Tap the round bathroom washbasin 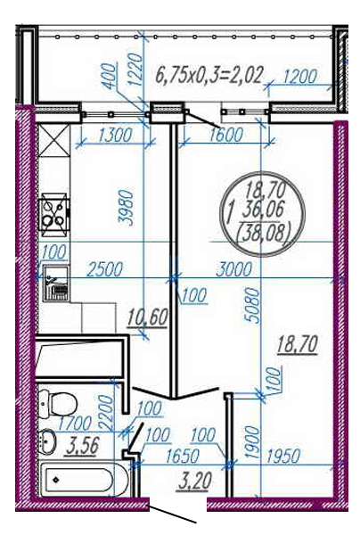tap(48, 440)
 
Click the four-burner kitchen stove tap(55, 215)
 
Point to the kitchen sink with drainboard tap(55, 283)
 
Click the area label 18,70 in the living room tap(298, 344)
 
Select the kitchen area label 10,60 tap(147, 317)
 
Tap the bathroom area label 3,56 tap(82, 447)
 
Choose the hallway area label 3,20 tap(193, 481)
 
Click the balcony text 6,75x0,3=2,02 tap(209, 75)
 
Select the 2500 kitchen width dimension tap(104, 269)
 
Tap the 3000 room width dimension tap(234, 269)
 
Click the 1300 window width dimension tap(114, 135)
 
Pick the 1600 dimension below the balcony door tap(225, 135)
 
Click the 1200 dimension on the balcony tap(300, 77)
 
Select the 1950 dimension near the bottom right tap(283, 456)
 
